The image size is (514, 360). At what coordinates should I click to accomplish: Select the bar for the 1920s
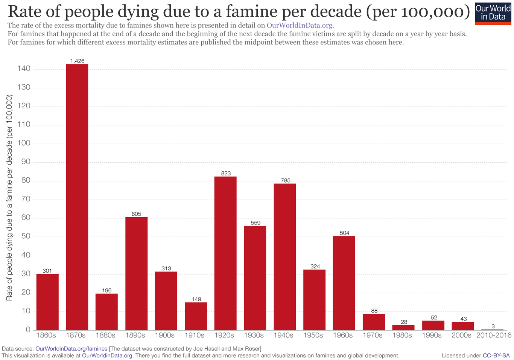[225, 253]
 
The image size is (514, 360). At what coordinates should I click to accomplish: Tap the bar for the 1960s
[344, 283]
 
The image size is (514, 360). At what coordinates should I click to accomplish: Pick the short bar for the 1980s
[403, 328]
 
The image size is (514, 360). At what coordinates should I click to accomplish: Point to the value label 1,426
[78, 61]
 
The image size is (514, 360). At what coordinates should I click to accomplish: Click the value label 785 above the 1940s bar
[286, 181]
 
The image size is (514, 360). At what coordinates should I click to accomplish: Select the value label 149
[196, 299]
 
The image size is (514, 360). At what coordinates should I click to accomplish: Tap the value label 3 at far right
[493, 326]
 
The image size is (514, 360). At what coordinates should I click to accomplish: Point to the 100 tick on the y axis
[23, 143]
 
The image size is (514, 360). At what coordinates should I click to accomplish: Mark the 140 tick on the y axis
[23, 69]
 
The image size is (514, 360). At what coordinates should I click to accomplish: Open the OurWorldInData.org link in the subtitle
[300, 26]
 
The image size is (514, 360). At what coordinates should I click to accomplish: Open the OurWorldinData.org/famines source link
[71, 348]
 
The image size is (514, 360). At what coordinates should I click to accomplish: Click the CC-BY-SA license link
[496, 355]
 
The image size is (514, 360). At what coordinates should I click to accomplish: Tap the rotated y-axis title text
[9, 198]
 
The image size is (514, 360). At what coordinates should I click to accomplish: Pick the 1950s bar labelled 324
[314, 300]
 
